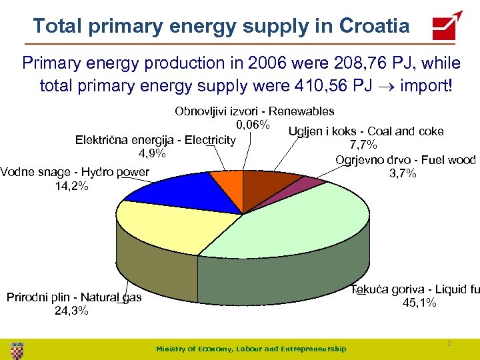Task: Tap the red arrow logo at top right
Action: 447,26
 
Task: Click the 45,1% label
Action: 419,303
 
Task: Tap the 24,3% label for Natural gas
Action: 71,311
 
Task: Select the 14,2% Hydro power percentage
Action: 71,185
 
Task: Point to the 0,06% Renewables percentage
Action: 253,125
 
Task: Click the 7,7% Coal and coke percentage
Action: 364,145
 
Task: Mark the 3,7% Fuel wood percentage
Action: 403,173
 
